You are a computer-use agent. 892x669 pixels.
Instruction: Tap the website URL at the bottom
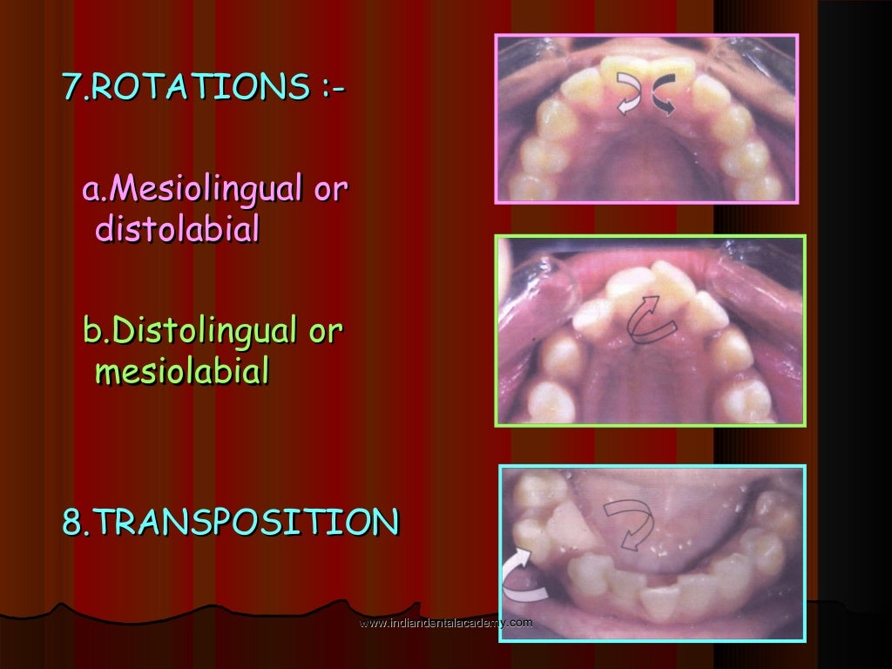445,622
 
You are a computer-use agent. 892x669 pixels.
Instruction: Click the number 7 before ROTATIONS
70,87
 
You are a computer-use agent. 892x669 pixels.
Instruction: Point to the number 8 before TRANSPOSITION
71,523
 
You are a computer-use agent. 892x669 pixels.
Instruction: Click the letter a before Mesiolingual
91,188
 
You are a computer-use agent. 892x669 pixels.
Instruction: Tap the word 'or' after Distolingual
327,330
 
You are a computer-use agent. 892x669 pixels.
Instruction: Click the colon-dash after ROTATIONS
330,87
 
